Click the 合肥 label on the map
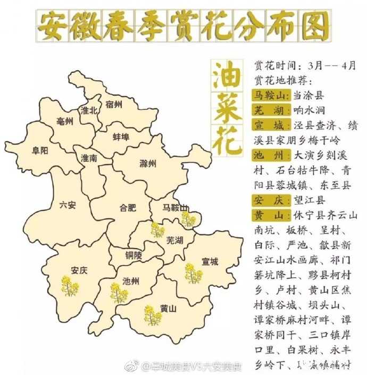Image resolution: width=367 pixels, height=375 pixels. coord(128,208)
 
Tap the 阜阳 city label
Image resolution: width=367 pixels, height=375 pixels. coord(40,150)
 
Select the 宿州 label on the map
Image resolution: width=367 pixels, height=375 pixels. coord(113,104)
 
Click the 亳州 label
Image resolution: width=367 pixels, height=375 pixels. coord(64,121)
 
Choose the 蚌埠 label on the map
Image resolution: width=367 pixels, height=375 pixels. coord(121,137)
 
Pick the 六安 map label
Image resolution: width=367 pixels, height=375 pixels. coord(68,204)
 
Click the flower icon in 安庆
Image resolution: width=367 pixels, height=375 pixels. coord(69,286)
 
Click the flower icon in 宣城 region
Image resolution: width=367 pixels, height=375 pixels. coord(193,273)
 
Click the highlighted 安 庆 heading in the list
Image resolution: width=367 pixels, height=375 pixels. coord(270,200)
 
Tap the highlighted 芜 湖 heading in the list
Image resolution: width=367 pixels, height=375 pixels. coord(270,110)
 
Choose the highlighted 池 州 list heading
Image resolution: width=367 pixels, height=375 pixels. coord(270,156)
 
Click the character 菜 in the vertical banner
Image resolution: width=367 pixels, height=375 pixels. coord(227,107)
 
